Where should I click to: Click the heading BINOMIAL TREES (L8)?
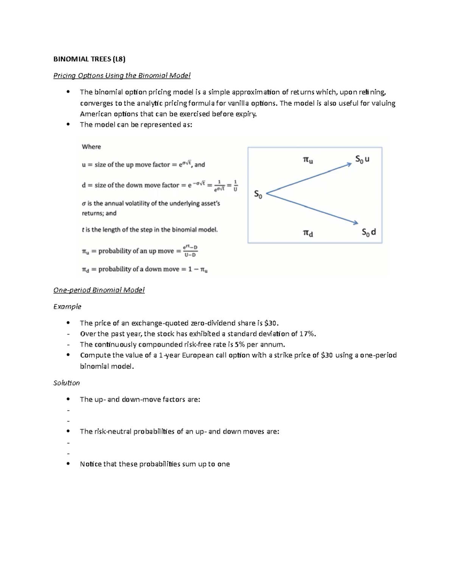pos(89,59)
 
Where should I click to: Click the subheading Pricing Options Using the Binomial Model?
pos(122,76)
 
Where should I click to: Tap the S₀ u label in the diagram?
pos(362,160)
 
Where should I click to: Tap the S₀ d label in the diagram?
pos(368,232)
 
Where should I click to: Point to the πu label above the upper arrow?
pos(308,160)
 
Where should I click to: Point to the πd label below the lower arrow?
pos(308,233)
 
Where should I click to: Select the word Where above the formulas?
pos(92,147)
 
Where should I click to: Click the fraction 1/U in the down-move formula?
pos(235,186)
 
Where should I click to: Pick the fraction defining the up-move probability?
pos(190,251)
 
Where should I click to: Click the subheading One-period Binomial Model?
pos(99,290)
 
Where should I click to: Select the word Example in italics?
pos(67,307)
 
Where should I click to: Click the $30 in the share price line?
pos(272,323)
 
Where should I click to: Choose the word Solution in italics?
pos(67,383)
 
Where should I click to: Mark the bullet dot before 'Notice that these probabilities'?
pos(68,464)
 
